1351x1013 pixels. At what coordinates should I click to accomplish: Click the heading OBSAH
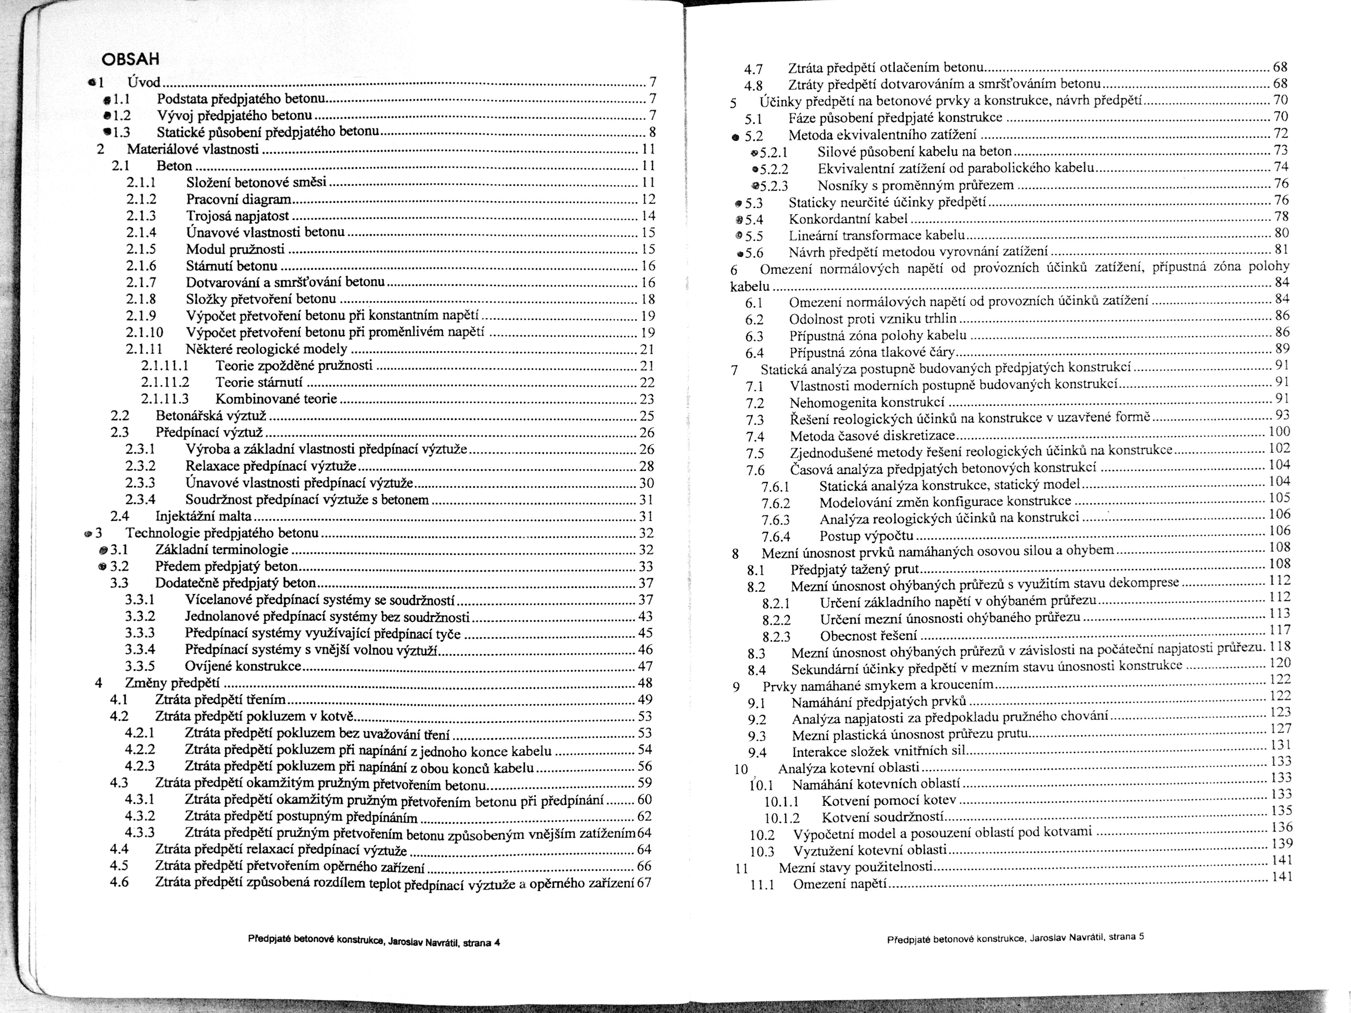tap(130, 59)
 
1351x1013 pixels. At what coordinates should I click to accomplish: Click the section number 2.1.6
tap(141, 266)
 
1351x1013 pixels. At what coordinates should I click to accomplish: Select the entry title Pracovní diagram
tap(238, 199)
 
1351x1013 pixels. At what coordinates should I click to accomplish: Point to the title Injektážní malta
tap(203, 516)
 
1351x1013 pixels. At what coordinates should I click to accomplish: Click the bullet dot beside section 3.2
tap(102, 566)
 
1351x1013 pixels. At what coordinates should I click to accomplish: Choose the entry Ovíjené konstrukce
tap(243, 666)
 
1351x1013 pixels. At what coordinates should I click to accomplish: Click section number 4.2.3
tap(140, 766)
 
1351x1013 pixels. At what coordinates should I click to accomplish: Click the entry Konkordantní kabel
tap(848, 218)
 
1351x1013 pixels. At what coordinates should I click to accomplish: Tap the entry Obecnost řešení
tap(868, 636)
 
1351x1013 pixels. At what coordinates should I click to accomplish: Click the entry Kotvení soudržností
tap(882, 818)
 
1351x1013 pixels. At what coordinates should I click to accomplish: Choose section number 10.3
tap(762, 852)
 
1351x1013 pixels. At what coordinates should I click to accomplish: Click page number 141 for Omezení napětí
tap(1282, 877)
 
